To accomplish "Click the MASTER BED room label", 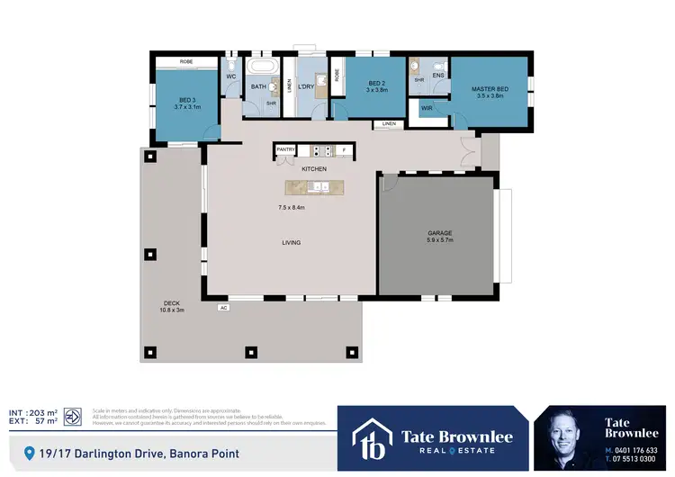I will pyautogui.click(x=490, y=89).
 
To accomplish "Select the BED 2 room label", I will pyautogui.click(x=376, y=84).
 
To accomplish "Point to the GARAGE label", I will pyautogui.click(x=439, y=233).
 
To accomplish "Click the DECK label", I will pyautogui.click(x=173, y=303).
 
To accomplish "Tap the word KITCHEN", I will pyautogui.click(x=314, y=169).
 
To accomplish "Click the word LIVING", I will pyautogui.click(x=291, y=243).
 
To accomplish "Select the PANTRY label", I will pyautogui.click(x=286, y=149).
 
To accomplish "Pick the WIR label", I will pyautogui.click(x=427, y=109).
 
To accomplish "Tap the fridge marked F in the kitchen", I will pyautogui.click(x=342, y=149).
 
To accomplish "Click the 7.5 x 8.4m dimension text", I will pyautogui.click(x=291, y=208).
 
